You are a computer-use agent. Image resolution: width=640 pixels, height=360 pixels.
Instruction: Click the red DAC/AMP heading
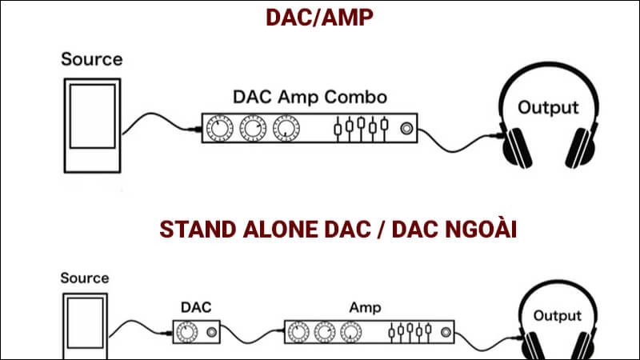pyautogui.click(x=319, y=18)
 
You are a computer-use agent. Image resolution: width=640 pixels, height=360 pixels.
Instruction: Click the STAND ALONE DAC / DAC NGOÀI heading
pyautogui.click(x=339, y=230)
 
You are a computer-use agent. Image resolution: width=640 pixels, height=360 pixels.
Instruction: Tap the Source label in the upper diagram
pyautogui.click(x=92, y=58)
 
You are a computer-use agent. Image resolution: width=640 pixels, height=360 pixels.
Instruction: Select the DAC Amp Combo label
pyautogui.click(x=310, y=98)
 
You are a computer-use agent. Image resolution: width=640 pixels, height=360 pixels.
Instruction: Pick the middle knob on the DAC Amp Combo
pyautogui.click(x=252, y=126)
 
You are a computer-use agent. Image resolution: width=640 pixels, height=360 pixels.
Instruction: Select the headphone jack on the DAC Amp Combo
pyautogui.click(x=409, y=126)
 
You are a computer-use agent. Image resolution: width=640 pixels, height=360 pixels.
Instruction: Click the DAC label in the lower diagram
pyautogui.click(x=196, y=306)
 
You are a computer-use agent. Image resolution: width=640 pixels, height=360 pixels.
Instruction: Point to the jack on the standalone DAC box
pyautogui.click(x=212, y=330)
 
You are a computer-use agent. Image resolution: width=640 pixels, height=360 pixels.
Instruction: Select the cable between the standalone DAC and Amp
pyautogui.click(x=253, y=329)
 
